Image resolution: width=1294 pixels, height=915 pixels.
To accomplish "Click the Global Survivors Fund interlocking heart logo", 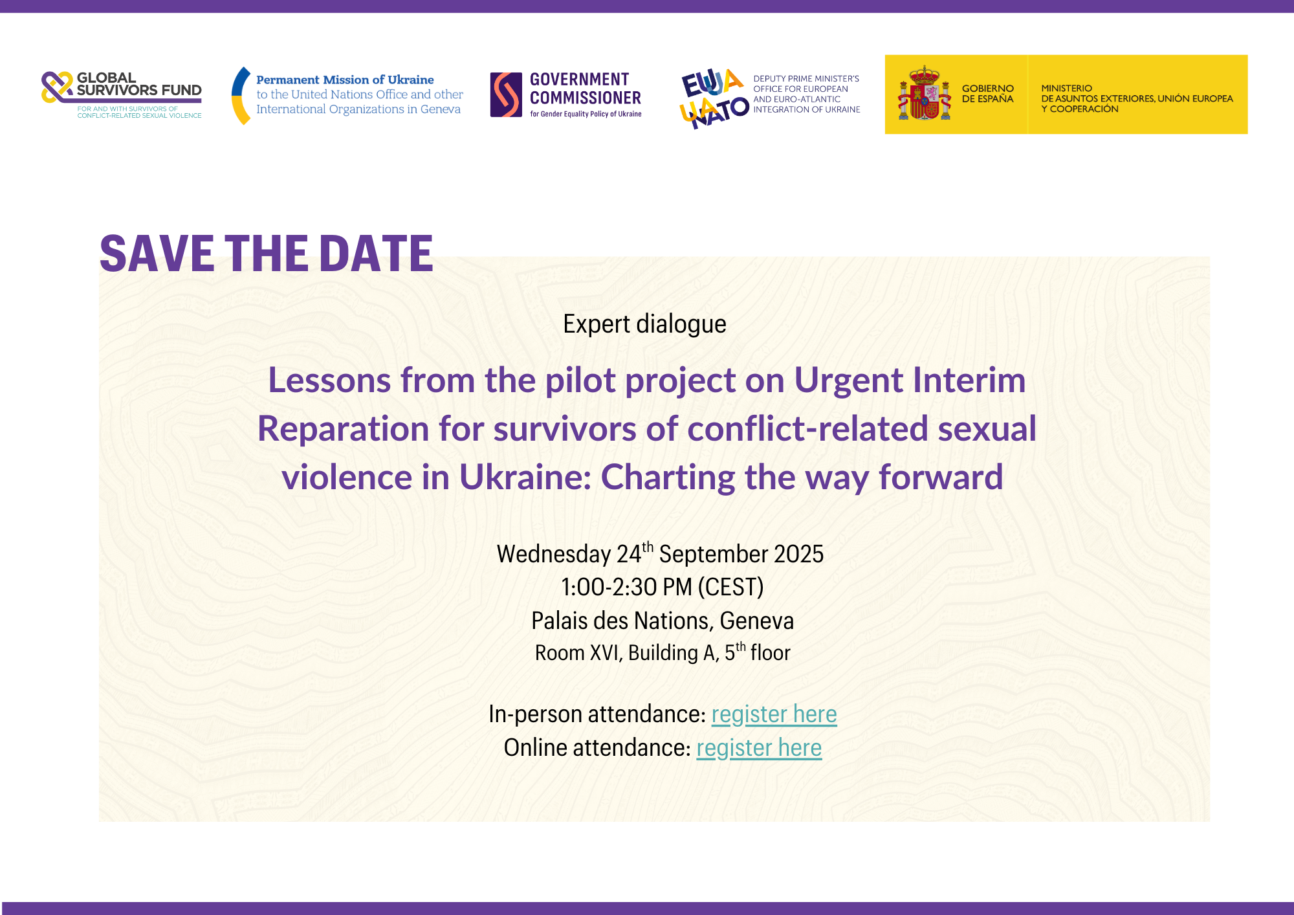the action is coord(57,87).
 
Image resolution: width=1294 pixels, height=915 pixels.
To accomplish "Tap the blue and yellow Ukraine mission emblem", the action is coord(241,96).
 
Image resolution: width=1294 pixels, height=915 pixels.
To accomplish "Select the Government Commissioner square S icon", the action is coord(506,94).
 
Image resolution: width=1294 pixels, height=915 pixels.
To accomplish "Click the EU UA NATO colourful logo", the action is coord(714,98).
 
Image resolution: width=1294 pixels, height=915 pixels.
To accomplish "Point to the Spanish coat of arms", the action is coord(925,93).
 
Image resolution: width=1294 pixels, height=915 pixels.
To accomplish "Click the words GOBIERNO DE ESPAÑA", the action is coord(987,94).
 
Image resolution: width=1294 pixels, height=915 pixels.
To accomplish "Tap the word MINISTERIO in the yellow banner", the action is coord(1066,88).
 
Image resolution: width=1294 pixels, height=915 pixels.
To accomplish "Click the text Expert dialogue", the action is coord(644,324).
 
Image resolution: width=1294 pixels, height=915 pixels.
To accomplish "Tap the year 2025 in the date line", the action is coord(799,554).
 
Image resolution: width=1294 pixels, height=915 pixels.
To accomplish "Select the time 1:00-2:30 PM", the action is coord(627,587).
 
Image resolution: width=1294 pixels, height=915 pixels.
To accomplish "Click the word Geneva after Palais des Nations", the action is coord(757,621).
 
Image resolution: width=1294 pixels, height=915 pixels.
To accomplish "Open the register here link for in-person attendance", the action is coord(774,714).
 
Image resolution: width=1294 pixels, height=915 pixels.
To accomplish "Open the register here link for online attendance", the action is coord(759,748).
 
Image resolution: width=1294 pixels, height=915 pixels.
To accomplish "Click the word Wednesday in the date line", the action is coord(554,555).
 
